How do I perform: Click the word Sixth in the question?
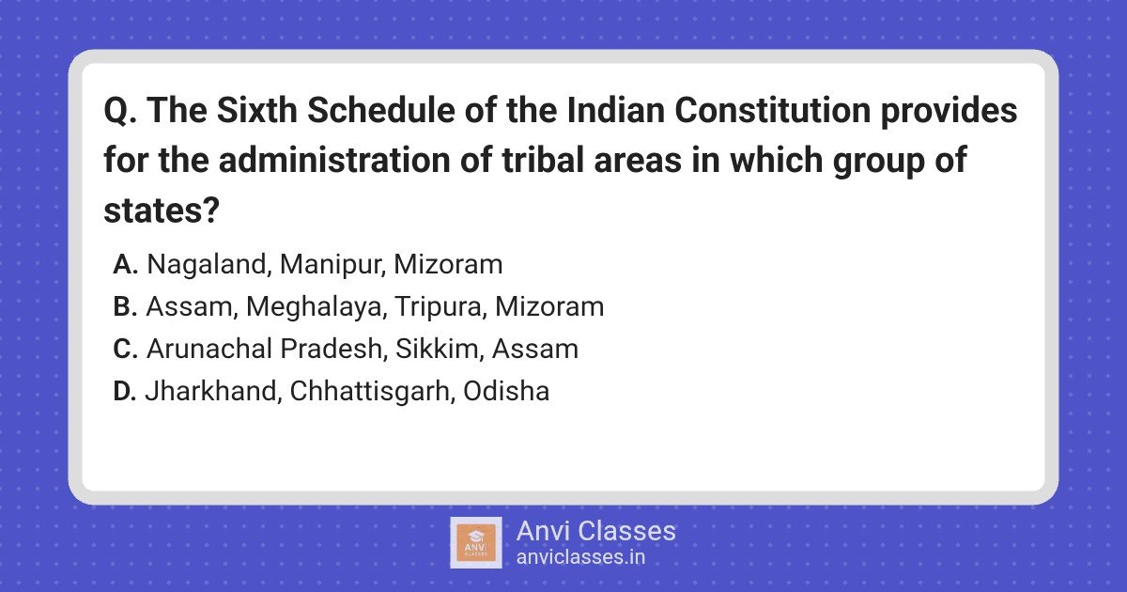pyautogui.click(x=257, y=110)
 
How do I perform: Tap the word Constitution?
pyautogui.click(x=772, y=110)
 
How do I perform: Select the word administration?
pyautogui.click(x=334, y=160)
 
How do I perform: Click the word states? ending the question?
pyautogui.click(x=162, y=210)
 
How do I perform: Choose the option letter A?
pyautogui.click(x=125, y=264)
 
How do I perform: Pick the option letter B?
pyautogui.click(x=125, y=306)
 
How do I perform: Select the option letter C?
pyautogui.click(x=125, y=349)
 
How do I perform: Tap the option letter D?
pyautogui.click(x=125, y=391)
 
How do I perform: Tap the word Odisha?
pyautogui.click(x=506, y=391)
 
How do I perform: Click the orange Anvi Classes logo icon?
pyautogui.click(x=476, y=543)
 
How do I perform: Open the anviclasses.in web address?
pyautogui.click(x=580, y=557)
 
